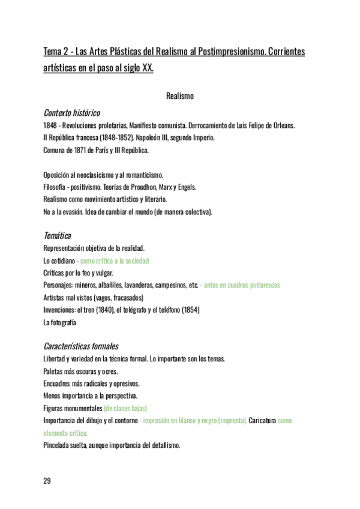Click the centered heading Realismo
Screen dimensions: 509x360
[179, 95]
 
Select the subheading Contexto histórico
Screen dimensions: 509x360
[71, 112]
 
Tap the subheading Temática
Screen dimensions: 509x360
[58, 236]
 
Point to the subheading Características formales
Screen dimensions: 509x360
[81, 346]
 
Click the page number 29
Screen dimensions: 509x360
[47, 481]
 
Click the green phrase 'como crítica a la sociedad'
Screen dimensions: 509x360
[114, 261]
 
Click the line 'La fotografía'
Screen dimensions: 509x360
[60, 322]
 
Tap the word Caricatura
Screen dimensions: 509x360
[262, 421]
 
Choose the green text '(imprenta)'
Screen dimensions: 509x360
[232, 421]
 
